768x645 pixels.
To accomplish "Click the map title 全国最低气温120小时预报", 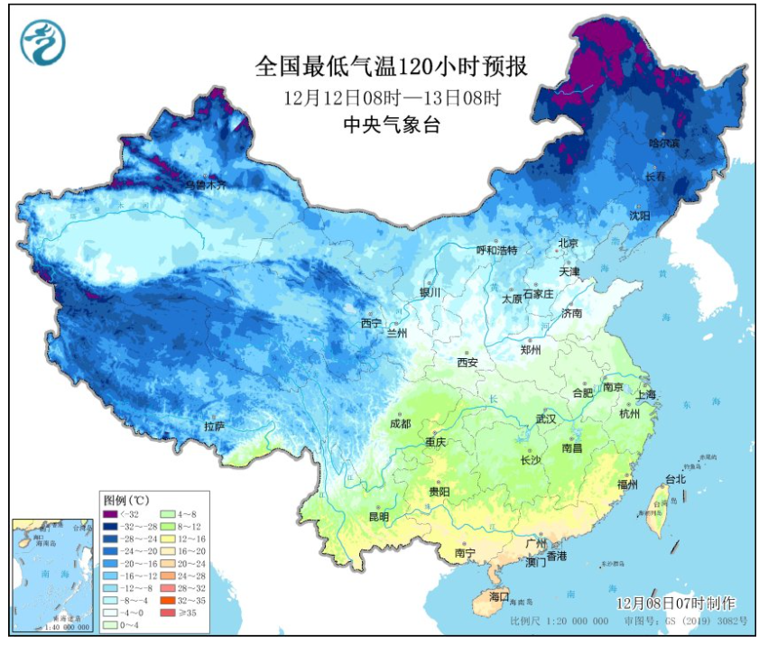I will pyautogui.click(x=391, y=68).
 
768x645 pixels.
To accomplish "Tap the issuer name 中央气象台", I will pyautogui.click(x=392, y=126).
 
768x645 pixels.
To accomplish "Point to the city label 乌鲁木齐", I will pyautogui.click(x=207, y=184).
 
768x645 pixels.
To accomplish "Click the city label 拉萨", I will pyautogui.click(x=214, y=426).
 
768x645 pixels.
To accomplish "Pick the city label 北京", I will pyautogui.click(x=568, y=243).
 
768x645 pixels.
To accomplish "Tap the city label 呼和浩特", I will pyautogui.click(x=497, y=250).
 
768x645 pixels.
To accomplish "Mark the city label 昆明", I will pyautogui.click(x=379, y=517).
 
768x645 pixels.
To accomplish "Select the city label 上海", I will pyautogui.click(x=646, y=394).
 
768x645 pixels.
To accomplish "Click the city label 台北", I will pyautogui.click(x=675, y=479).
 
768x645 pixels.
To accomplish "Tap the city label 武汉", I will pyautogui.click(x=546, y=419).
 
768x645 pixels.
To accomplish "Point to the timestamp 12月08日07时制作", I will pyautogui.click(x=676, y=603).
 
